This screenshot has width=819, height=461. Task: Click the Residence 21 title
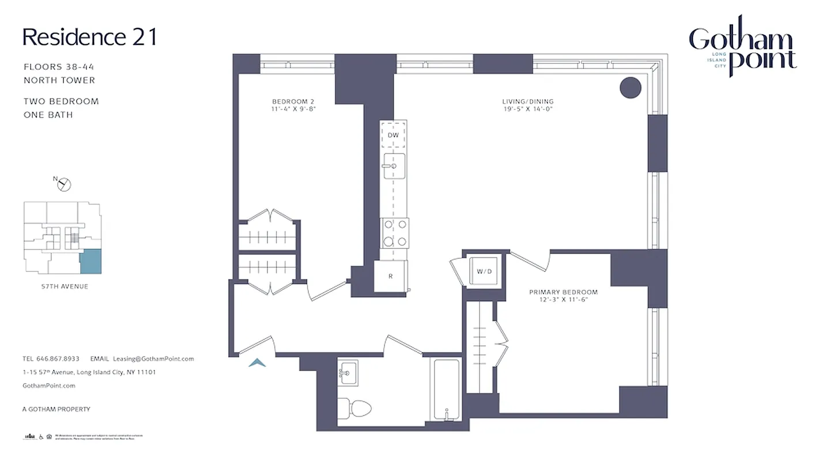(89, 37)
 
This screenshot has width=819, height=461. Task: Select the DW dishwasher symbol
(393, 135)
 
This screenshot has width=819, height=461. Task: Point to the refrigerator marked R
(391, 276)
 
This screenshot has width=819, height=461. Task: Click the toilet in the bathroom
(353, 408)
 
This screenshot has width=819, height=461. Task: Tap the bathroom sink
(348, 372)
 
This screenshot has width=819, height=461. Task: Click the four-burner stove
(394, 233)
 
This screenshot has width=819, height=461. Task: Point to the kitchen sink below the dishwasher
(394, 167)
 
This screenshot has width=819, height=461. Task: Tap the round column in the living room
(631, 88)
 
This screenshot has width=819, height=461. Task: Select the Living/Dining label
(527, 105)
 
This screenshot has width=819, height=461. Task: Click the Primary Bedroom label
(563, 296)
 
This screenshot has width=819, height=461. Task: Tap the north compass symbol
(64, 184)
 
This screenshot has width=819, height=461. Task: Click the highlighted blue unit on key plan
(90, 262)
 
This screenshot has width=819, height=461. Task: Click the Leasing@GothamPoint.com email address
(153, 358)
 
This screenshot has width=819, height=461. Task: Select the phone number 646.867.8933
(58, 358)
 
